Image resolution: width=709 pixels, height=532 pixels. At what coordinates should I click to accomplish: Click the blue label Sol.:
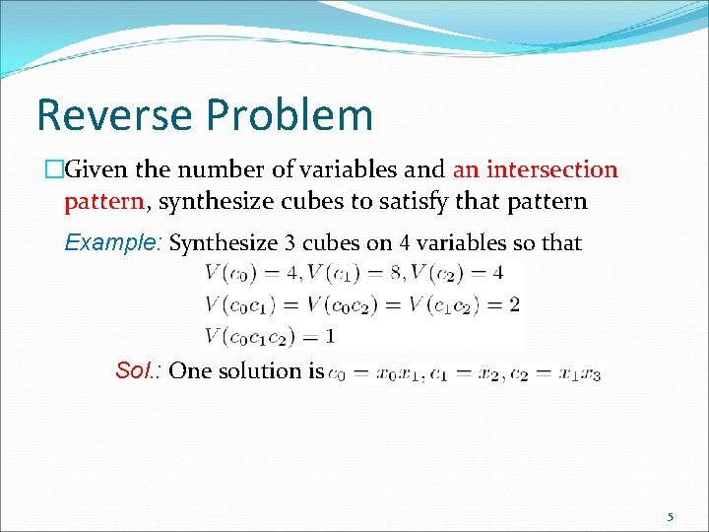tap(139, 370)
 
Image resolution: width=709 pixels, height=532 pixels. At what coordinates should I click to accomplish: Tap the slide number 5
tap(671, 516)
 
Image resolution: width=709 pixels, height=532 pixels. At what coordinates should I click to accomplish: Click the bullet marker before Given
tap(55, 169)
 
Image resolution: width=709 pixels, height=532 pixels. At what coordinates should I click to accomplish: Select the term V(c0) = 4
tap(251, 273)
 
